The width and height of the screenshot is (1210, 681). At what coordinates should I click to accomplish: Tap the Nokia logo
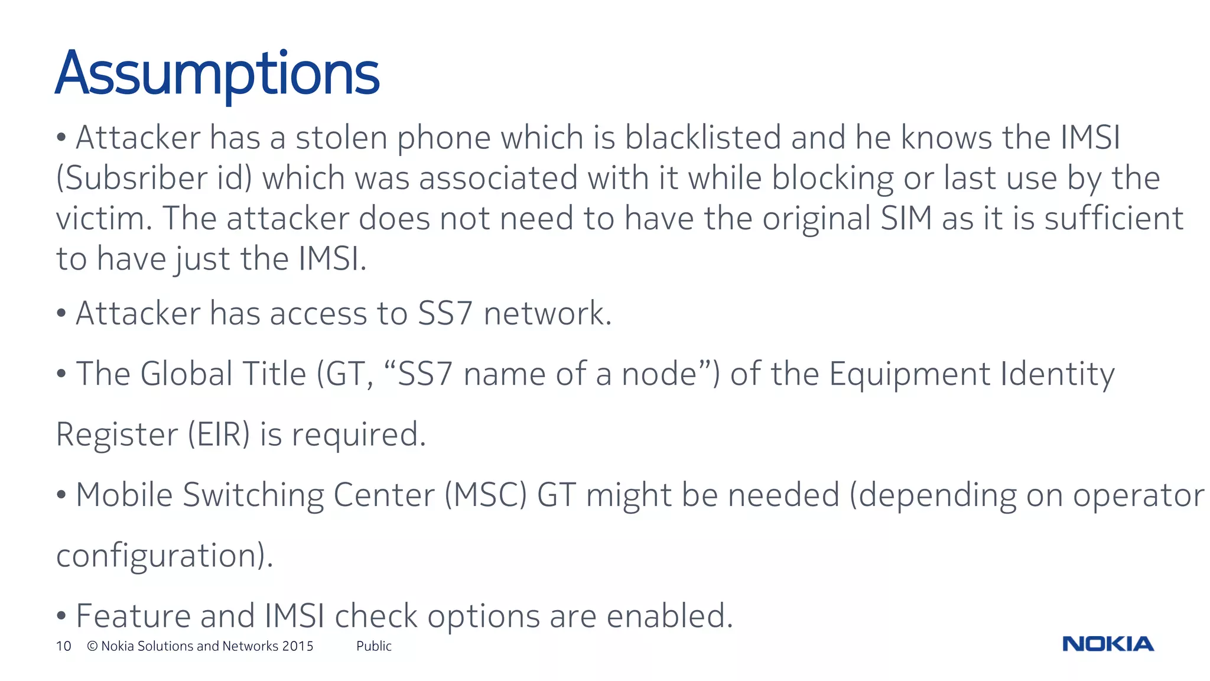coord(1108,644)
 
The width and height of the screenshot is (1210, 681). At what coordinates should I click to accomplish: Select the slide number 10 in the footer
coord(63,646)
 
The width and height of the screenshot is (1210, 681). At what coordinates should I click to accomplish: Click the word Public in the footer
coord(373,646)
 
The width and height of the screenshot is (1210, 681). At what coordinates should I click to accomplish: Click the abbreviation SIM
coord(906,218)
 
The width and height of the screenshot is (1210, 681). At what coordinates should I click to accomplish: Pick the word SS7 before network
coord(445,313)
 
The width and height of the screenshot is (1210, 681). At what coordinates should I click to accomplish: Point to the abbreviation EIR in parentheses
coord(219,435)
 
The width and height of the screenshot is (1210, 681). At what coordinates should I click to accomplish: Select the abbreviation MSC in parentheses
coord(485,495)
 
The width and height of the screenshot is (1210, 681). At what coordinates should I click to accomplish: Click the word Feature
coord(134,616)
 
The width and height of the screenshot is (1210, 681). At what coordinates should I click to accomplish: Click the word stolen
coord(341,138)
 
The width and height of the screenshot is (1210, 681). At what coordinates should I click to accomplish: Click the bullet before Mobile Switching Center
coord(61,495)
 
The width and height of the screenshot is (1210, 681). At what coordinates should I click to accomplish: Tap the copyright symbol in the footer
coord(92,646)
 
